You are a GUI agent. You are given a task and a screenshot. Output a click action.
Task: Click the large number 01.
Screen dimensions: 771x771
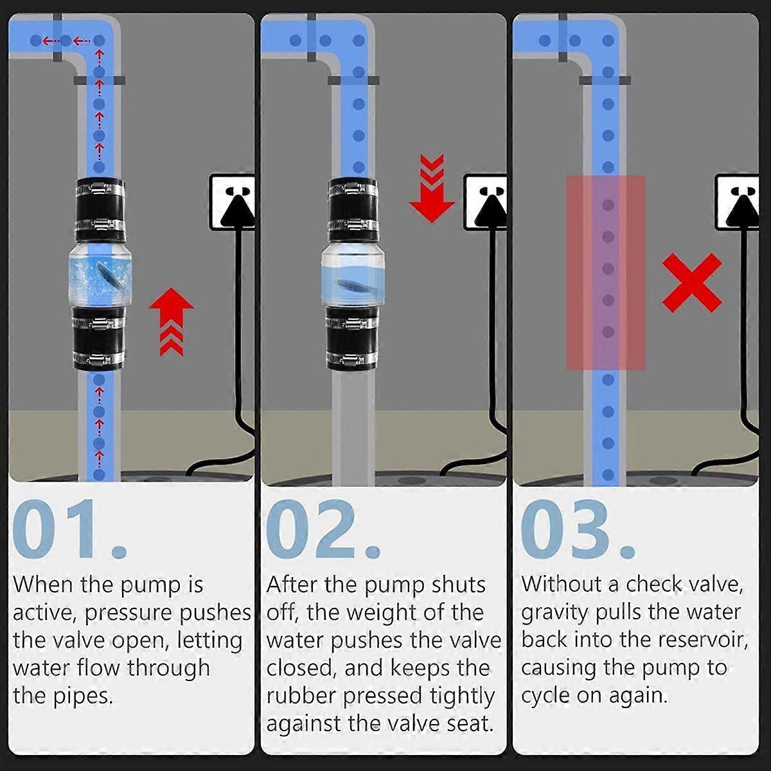[x=70, y=529]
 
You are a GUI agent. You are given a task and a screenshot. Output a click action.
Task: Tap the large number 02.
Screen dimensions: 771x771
[x=323, y=529]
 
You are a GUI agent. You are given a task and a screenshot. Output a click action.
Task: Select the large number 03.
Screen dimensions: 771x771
[x=578, y=529]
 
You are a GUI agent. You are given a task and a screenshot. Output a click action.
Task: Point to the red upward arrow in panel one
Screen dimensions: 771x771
[x=172, y=322]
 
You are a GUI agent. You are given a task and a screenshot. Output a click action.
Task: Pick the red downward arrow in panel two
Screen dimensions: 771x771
[x=432, y=188]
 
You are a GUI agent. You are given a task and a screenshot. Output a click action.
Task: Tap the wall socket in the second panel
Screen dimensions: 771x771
[x=485, y=201]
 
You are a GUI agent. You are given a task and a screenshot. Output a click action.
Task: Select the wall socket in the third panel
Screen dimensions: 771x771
[x=737, y=201]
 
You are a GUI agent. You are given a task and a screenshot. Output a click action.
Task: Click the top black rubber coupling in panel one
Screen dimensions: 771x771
[x=100, y=209]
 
